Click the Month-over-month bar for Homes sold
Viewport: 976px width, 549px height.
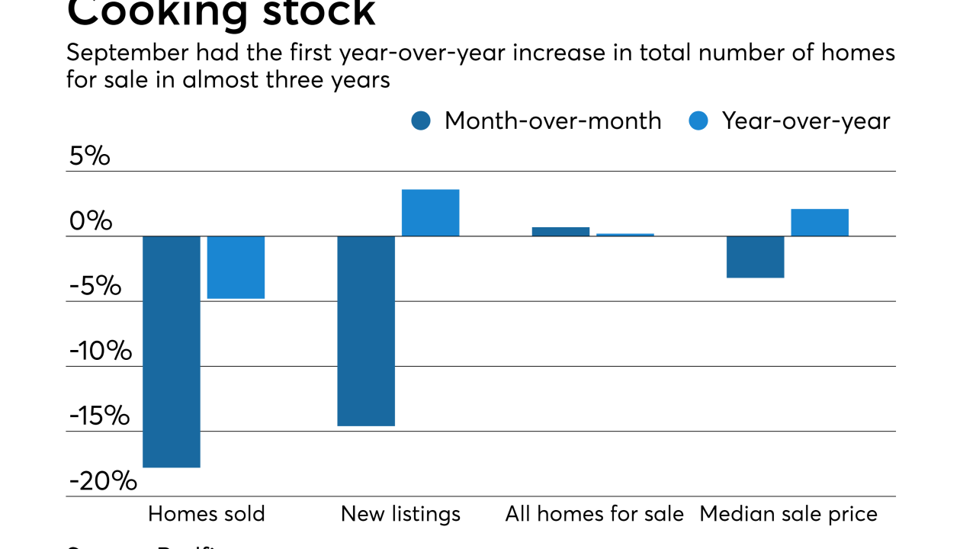click(x=172, y=352)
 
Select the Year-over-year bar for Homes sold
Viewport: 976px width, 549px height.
click(x=236, y=267)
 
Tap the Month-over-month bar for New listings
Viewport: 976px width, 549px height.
click(x=366, y=331)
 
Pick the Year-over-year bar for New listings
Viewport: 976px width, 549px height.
click(x=430, y=213)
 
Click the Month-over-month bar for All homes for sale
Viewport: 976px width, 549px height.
click(x=560, y=232)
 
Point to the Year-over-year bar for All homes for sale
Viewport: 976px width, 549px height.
click(x=625, y=235)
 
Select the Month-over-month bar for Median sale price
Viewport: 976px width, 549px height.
click(x=755, y=257)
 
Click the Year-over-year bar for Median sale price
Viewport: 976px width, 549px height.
click(x=820, y=223)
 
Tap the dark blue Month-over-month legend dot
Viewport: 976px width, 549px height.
click(x=421, y=120)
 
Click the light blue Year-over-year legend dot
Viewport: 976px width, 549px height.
click(x=698, y=120)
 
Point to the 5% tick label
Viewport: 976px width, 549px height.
click(x=89, y=156)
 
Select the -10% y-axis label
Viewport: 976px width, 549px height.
click(x=100, y=352)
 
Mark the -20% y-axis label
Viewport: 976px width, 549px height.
click(x=103, y=481)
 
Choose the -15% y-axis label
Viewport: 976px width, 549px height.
click(x=100, y=416)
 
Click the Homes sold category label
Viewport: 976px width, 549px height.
click(x=206, y=514)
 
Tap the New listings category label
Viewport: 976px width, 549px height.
click(x=400, y=514)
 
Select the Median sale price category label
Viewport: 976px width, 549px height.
click(x=788, y=514)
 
